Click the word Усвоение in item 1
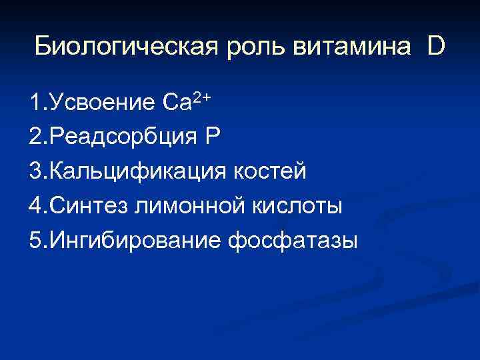103,103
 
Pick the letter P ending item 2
212,137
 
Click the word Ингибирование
135,241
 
